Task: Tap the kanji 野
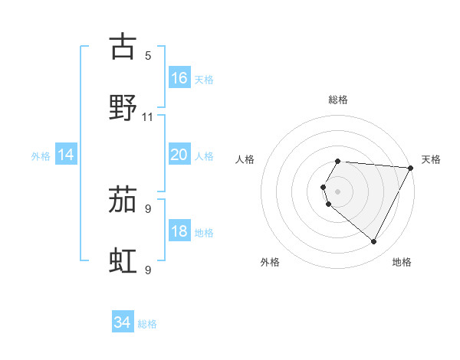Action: [123, 107]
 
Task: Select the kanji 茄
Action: [123, 200]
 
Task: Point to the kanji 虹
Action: [123, 261]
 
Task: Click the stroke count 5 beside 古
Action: [148, 56]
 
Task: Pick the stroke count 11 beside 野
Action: [148, 117]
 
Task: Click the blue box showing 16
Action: [179, 78]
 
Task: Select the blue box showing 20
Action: [179, 155]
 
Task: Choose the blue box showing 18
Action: [179, 232]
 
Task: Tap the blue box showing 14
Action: [66, 155]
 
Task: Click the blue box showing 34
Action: [122, 323]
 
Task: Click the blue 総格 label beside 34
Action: [147, 324]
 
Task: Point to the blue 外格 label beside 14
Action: [41, 156]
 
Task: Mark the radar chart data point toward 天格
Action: [411, 168]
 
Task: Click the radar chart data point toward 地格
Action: [374, 242]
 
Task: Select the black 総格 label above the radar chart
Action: [338, 100]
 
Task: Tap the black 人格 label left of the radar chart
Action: [245, 159]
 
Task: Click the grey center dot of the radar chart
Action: [338, 191]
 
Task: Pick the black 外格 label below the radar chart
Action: [270, 262]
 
